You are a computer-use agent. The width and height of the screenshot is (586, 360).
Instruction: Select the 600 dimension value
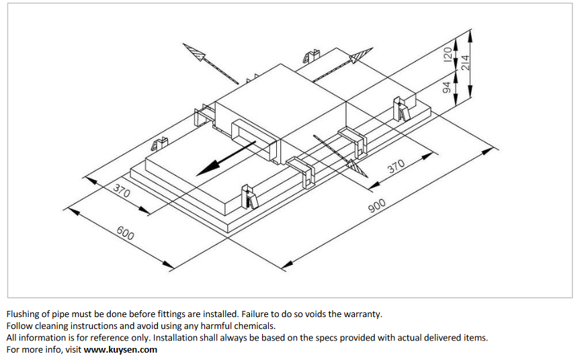(x=125, y=234)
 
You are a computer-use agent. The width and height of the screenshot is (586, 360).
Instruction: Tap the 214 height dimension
(x=464, y=62)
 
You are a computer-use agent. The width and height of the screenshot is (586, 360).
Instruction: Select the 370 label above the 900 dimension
(x=397, y=165)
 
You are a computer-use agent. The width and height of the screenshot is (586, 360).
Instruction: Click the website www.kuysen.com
(x=120, y=349)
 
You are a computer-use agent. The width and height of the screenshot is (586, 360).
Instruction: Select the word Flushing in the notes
(x=23, y=314)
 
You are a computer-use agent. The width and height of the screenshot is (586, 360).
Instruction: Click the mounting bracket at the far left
(x=160, y=144)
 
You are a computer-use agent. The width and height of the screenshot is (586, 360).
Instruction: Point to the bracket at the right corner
(x=401, y=108)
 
